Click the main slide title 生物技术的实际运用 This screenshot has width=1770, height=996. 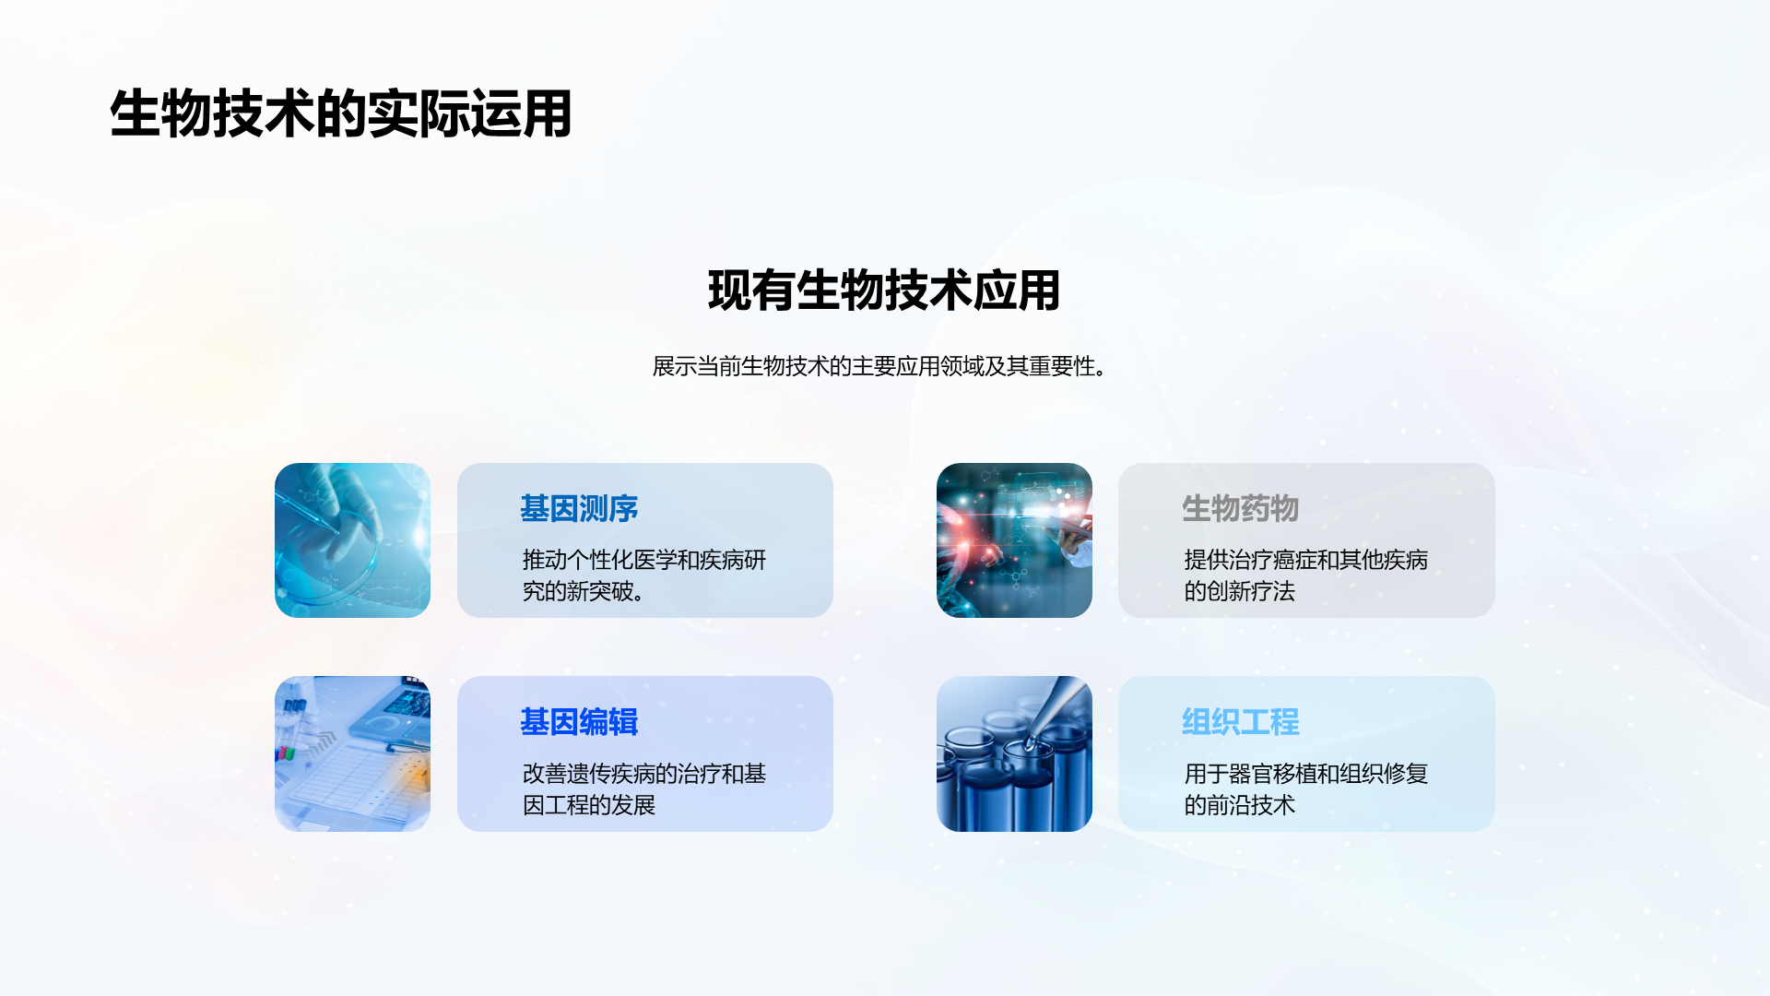(x=341, y=114)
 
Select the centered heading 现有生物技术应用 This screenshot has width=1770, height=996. (x=884, y=290)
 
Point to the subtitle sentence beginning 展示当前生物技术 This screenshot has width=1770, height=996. (x=879, y=366)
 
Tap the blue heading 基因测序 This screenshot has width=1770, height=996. (x=579, y=508)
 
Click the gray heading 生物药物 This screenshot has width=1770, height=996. (x=1240, y=508)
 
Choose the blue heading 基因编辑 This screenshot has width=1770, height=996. (x=579, y=721)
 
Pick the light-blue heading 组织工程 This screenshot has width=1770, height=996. (x=1240, y=721)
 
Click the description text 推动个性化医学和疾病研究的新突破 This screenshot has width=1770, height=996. (x=644, y=575)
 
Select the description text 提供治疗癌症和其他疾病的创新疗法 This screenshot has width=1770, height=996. (x=1305, y=575)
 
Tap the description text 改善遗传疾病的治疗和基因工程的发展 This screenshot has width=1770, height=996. (x=644, y=789)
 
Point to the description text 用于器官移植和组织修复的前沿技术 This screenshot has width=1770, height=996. (x=1305, y=789)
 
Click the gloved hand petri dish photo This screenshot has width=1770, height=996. (x=352, y=540)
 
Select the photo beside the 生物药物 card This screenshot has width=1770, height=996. (x=1014, y=540)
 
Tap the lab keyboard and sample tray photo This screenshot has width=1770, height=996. (x=352, y=753)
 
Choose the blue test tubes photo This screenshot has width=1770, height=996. (x=1014, y=753)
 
